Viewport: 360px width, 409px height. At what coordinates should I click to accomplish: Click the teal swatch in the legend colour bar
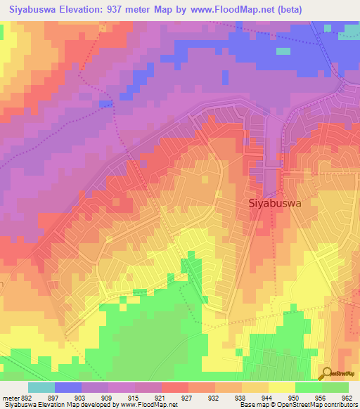click(x=41, y=387)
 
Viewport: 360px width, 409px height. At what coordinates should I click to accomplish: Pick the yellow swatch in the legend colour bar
click(x=281, y=387)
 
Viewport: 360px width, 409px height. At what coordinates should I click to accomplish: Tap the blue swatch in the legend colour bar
click(x=68, y=387)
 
